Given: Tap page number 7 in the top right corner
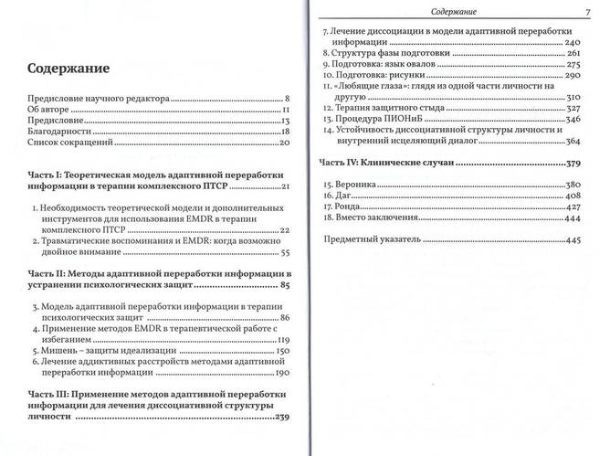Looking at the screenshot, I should tap(590, 11).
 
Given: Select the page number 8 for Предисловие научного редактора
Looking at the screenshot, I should tap(287, 97).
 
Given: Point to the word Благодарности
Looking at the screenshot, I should tap(62, 132).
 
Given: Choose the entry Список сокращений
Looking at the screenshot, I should tap(71, 143).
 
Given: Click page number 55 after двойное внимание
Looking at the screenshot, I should tap(284, 253).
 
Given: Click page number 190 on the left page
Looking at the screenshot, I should tap(281, 374).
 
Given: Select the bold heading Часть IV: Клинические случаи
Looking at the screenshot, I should tap(394, 163).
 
